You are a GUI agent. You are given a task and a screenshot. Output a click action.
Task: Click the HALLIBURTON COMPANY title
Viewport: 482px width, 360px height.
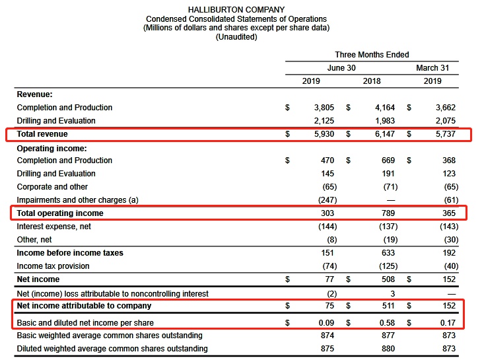click(x=236, y=9)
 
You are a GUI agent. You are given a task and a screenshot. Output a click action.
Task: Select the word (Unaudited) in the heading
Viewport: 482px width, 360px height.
click(x=236, y=37)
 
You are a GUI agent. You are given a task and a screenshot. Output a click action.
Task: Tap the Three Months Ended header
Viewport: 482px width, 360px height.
click(x=372, y=55)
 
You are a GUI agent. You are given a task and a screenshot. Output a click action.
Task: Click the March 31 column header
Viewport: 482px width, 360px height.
click(x=436, y=68)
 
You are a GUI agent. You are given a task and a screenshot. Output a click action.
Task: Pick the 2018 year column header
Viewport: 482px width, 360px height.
click(x=372, y=81)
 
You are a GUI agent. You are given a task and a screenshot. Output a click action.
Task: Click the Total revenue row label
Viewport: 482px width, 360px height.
click(x=42, y=134)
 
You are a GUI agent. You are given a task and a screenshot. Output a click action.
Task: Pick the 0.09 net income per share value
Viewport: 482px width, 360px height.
click(x=325, y=322)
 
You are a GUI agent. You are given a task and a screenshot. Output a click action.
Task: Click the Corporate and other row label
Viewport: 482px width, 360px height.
click(x=52, y=187)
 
